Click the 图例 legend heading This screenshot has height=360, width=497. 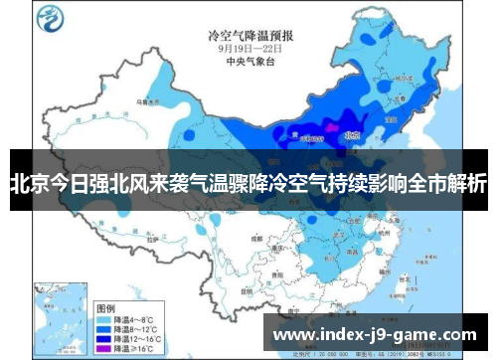tap(104, 282)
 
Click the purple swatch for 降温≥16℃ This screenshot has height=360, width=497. tap(101, 336)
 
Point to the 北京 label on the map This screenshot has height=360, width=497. tap(349, 129)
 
